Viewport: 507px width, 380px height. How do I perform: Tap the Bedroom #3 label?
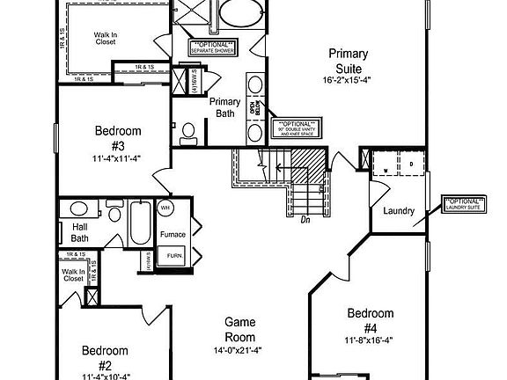117,138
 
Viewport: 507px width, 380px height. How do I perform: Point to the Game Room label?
239,329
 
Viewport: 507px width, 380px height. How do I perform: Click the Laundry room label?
399,209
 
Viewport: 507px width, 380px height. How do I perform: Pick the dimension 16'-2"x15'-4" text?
348,80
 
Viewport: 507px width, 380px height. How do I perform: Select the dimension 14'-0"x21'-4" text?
239,351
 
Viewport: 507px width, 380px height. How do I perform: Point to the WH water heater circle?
166,208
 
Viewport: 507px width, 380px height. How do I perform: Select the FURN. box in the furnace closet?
175,256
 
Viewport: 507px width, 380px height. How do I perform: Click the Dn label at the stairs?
305,220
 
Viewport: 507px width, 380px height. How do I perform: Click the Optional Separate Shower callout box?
213,47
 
